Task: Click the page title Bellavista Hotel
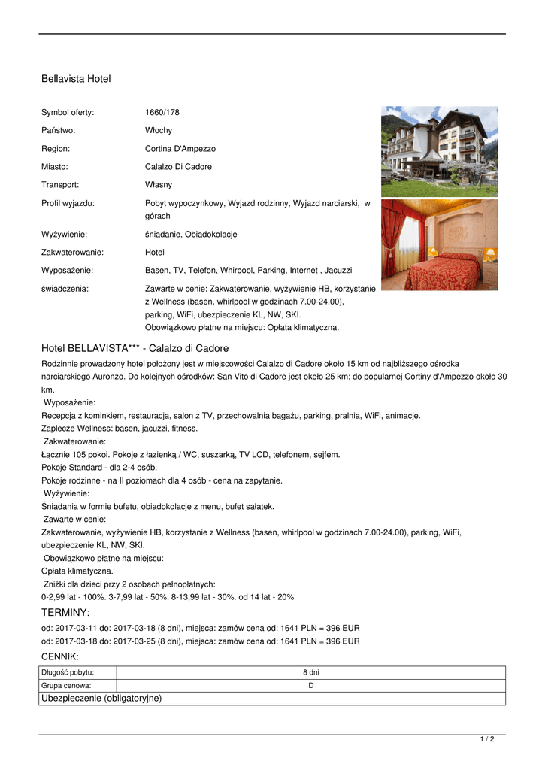(76, 78)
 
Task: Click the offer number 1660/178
(162, 113)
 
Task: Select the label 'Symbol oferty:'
(68, 113)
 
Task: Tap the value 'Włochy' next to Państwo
(159, 131)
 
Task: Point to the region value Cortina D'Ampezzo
(180, 149)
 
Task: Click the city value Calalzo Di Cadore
(178, 167)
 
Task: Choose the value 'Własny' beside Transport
(159, 185)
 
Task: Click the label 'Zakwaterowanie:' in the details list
(72, 253)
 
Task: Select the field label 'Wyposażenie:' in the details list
(67, 271)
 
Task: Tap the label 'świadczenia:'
(65, 289)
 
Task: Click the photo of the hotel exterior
(439, 150)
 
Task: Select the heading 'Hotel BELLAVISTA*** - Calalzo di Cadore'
(135, 349)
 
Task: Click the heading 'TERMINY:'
(65, 613)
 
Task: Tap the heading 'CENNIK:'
(60, 657)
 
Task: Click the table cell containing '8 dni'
(310, 672)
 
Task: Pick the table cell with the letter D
(310, 686)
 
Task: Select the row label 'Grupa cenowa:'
(67, 686)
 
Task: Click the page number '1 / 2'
(487, 740)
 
